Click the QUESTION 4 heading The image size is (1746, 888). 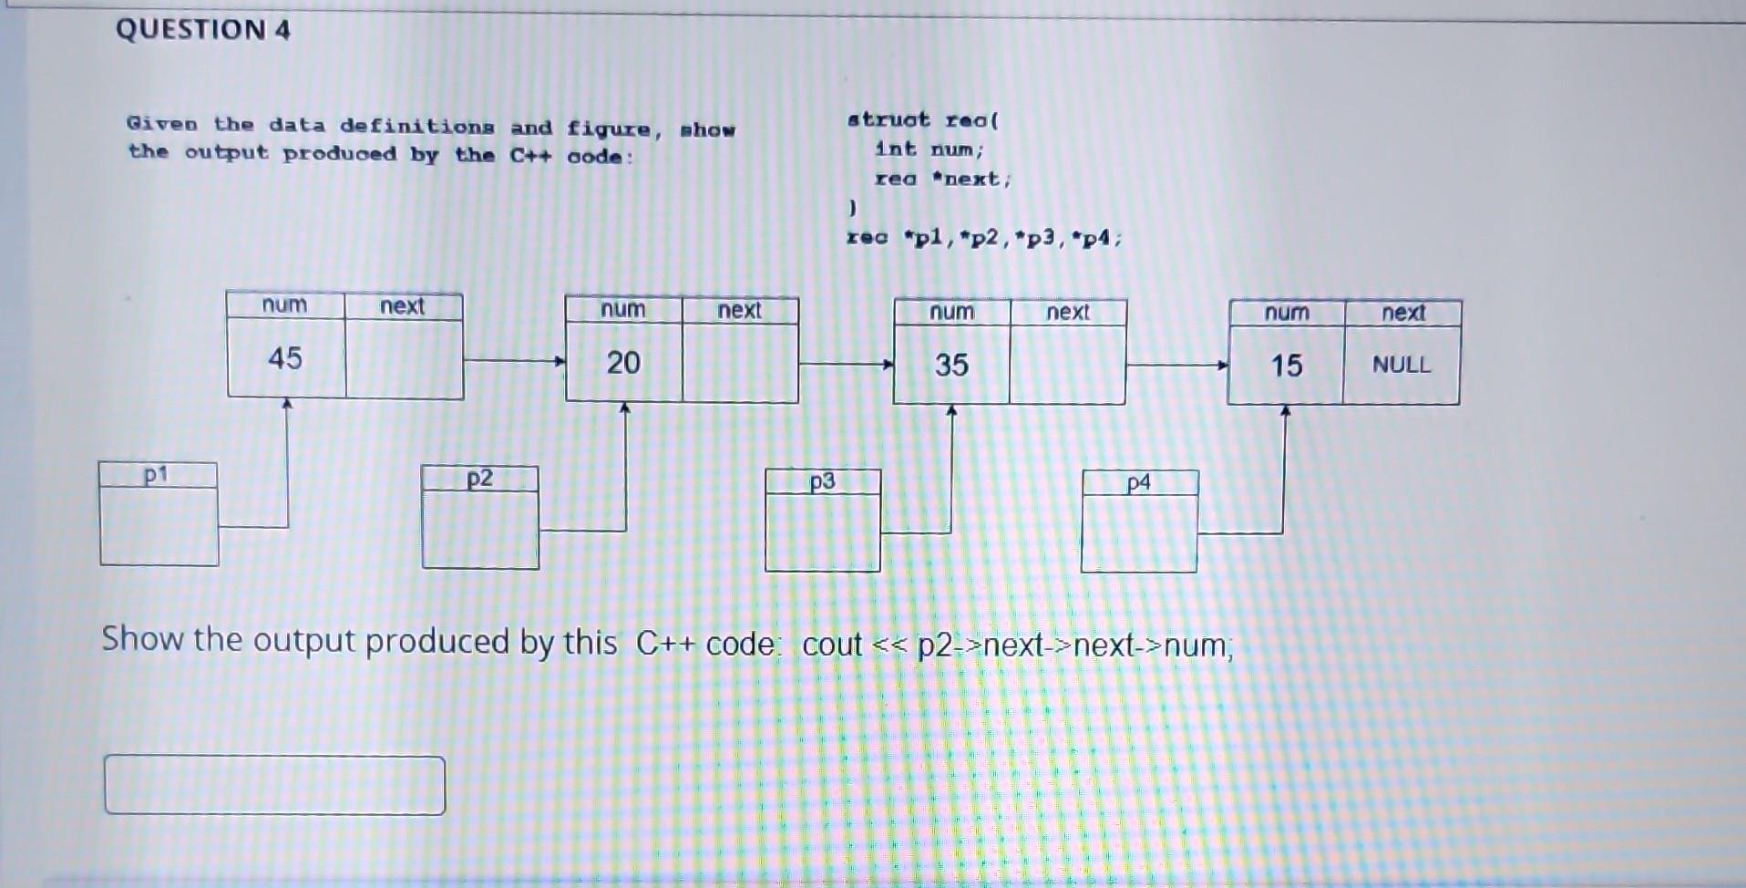click(202, 29)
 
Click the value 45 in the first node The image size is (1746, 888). click(285, 357)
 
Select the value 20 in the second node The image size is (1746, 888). click(623, 363)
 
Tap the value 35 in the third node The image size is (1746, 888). click(951, 366)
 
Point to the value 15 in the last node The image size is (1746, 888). click(1287, 367)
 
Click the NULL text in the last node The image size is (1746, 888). click(1402, 365)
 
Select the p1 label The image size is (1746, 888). click(156, 475)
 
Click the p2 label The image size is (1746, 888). click(479, 479)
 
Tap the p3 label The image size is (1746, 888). click(822, 481)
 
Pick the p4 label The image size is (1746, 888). click(1138, 483)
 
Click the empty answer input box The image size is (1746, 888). click(274, 784)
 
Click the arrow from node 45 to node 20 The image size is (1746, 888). click(514, 361)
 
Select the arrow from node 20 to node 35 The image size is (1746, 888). click(846, 365)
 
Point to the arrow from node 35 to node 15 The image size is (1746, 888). click(1176, 366)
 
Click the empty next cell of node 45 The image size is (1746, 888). click(405, 358)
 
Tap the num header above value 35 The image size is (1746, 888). click(951, 312)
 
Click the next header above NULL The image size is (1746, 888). click(1402, 313)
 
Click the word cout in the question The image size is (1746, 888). click(831, 645)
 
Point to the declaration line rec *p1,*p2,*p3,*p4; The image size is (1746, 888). click(984, 238)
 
